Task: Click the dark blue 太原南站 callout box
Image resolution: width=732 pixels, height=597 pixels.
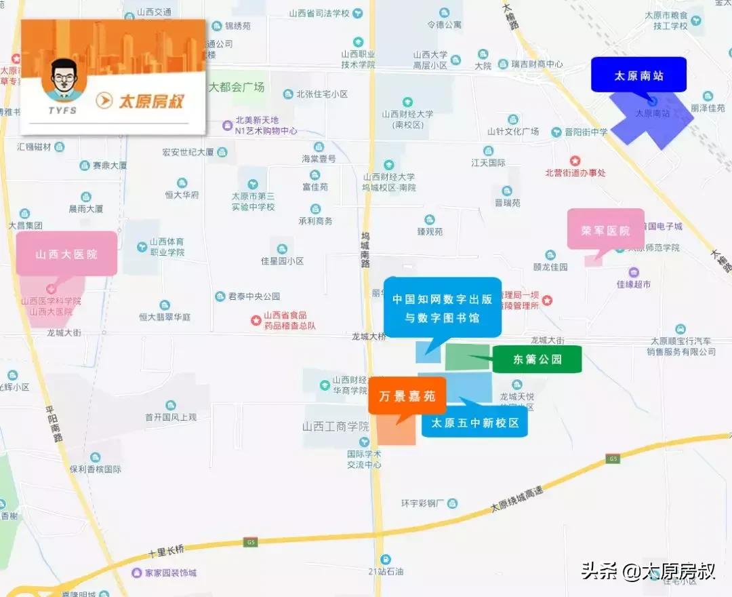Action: coord(638,75)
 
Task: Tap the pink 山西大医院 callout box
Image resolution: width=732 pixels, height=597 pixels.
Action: coord(66,254)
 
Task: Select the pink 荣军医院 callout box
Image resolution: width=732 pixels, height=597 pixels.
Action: coord(605,230)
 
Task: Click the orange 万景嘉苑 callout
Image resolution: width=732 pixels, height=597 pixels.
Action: coord(407,396)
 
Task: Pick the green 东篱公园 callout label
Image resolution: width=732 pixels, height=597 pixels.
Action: coord(537,360)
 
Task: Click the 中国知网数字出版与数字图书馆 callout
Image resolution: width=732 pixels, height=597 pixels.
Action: coord(443,307)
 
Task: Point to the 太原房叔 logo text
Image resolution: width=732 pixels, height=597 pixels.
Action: coord(151,101)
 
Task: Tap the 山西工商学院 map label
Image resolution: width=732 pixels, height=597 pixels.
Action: coord(335,427)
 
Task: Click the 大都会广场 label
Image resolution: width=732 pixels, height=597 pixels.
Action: coord(237,87)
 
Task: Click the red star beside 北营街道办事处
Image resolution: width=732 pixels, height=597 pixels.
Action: coord(575,161)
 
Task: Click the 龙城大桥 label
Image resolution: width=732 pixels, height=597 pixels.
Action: coord(369,336)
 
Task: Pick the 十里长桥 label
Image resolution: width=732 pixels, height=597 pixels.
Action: coord(165,548)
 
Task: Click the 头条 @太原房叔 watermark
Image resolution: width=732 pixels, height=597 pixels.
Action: coord(648,571)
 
